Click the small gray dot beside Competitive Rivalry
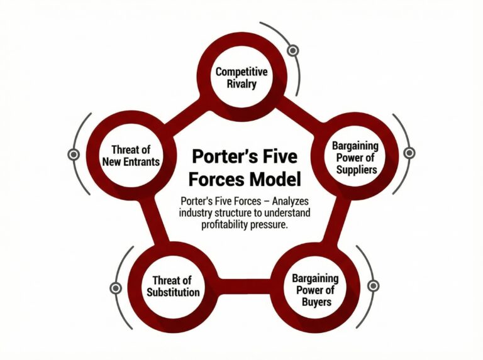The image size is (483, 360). pyautogui.click(x=292, y=50)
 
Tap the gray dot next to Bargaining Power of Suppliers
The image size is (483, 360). pyautogui.click(x=409, y=153)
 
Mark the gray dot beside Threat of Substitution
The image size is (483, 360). pyautogui.click(x=115, y=288)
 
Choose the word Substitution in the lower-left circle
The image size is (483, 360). pyautogui.click(x=173, y=293)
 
